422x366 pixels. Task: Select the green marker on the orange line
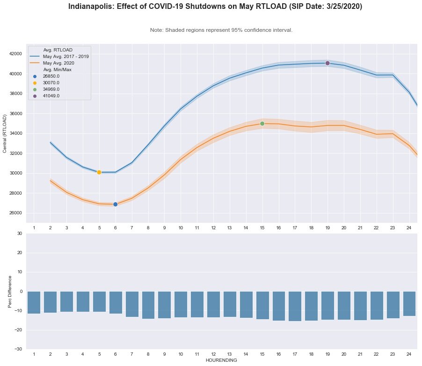point(262,124)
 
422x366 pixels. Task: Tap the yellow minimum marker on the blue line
point(99,172)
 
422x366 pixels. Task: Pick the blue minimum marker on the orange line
point(115,205)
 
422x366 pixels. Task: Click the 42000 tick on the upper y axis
point(15,54)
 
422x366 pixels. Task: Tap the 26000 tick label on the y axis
point(15,213)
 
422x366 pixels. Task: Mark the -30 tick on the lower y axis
point(18,349)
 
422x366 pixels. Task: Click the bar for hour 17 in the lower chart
point(295,306)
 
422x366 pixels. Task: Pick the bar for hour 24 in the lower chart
point(409,303)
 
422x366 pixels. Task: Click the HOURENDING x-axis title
point(221,360)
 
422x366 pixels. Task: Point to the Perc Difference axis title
point(10,291)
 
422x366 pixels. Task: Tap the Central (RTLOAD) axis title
point(5,133)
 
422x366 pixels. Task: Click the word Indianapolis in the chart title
point(91,7)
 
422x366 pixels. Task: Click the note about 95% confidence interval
point(221,30)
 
